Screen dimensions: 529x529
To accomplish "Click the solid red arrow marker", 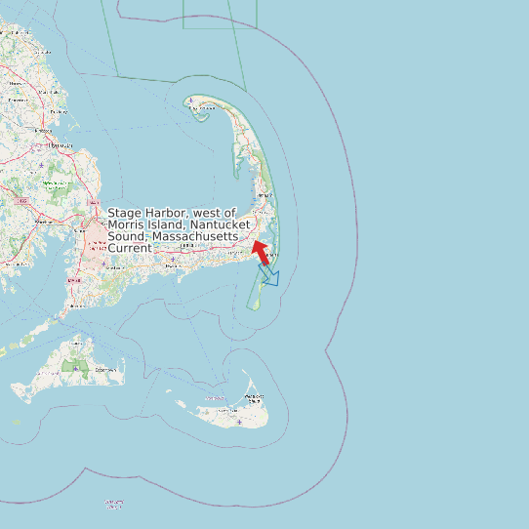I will tap(261, 252).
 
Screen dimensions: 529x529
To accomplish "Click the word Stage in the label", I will tap(123, 213).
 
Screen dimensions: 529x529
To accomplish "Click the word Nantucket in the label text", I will tap(224, 225).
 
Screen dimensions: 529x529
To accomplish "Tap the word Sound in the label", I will tap(126, 237).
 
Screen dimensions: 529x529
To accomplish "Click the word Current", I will tap(129, 249).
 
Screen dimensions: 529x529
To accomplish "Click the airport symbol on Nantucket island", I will tap(240, 422).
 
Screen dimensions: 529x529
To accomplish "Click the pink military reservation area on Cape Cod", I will tap(98, 239).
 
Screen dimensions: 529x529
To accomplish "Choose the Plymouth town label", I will tap(61, 146).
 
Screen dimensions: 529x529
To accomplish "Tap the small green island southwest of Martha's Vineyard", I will tap(17, 423).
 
